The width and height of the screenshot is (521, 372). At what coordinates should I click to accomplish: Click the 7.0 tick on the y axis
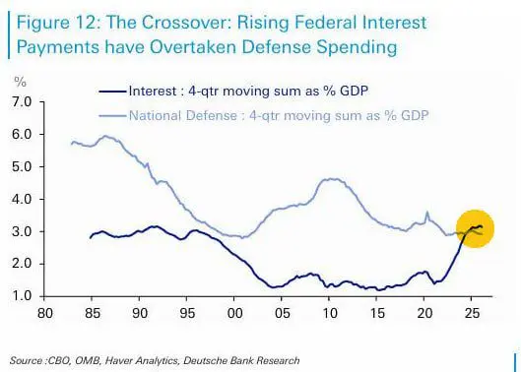(23, 101)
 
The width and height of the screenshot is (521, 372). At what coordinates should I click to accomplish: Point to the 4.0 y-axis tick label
(23, 199)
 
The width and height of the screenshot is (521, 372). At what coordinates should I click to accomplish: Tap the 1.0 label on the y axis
(23, 296)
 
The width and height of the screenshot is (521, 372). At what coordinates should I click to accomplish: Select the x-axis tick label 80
(45, 313)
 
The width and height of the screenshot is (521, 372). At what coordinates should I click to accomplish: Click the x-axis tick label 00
(234, 313)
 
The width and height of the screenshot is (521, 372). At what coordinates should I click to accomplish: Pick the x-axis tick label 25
(472, 313)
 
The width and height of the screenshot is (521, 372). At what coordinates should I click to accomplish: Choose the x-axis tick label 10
(329, 313)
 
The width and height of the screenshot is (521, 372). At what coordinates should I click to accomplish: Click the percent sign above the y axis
(20, 82)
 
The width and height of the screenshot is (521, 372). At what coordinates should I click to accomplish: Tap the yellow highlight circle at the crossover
(475, 228)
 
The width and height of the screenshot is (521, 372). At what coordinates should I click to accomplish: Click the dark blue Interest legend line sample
(112, 91)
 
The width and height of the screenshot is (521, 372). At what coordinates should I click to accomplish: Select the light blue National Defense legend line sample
(112, 115)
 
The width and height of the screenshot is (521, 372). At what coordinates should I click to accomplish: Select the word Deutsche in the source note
(202, 360)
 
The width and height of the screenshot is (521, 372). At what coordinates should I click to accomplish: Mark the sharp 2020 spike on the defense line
(427, 212)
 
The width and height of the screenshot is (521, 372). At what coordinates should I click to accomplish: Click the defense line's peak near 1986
(105, 136)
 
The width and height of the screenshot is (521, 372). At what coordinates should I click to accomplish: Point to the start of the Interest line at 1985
(91, 238)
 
